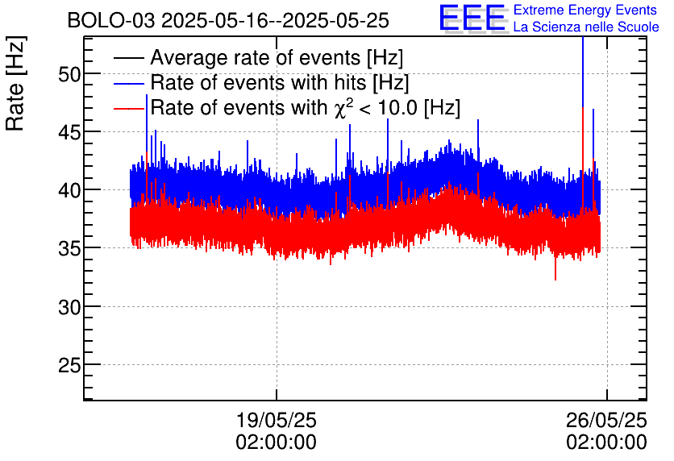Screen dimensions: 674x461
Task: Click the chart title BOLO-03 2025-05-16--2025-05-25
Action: (x=228, y=20)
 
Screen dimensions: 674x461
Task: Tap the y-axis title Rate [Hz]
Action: (x=15, y=83)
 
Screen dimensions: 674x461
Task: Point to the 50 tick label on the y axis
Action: (x=69, y=74)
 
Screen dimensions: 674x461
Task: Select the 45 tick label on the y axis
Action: (x=69, y=132)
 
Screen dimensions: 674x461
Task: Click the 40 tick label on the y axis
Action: (x=69, y=190)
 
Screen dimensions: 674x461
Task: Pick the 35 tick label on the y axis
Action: (x=69, y=248)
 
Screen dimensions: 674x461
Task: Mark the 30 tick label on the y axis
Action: (x=69, y=307)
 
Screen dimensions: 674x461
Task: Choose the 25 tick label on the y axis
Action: (x=69, y=365)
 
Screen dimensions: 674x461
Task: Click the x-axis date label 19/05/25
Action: (x=276, y=420)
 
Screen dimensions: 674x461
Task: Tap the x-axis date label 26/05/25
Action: (x=606, y=420)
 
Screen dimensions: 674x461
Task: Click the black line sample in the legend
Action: (x=129, y=58)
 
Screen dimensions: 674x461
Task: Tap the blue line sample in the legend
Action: (x=129, y=84)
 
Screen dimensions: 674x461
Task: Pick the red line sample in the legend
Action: (x=129, y=109)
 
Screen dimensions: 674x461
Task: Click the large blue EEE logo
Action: (x=472, y=18)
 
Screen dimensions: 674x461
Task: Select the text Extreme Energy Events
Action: (x=585, y=10)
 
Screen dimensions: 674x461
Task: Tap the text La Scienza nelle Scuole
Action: (x=586, y=27)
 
